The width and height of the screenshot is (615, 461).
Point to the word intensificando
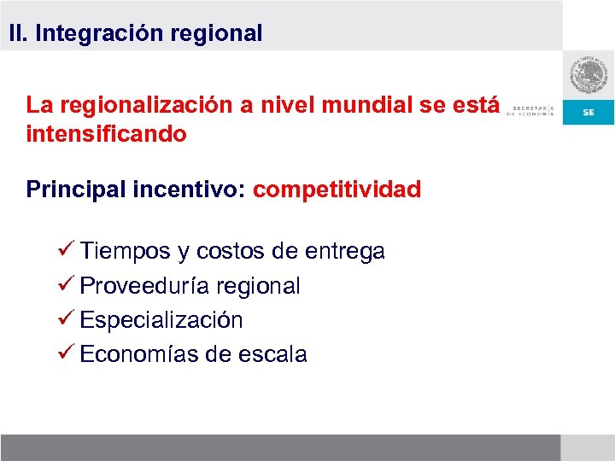(106, 135)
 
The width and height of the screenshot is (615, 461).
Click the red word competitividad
(337, 190)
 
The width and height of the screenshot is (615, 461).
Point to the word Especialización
(161, 321)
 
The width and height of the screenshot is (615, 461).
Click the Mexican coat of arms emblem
(589, 77)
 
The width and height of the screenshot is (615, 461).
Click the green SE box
(589, 113)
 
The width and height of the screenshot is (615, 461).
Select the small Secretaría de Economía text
(531, 111)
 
